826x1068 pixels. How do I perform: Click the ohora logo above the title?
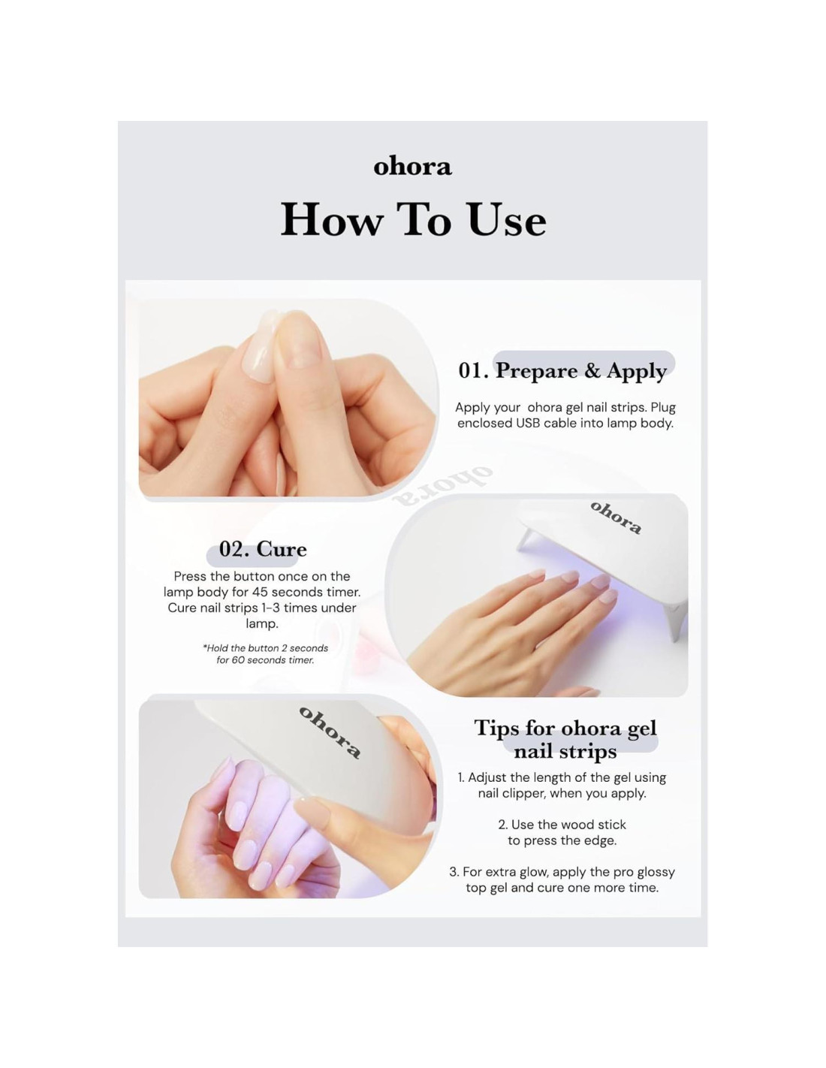pyautogui.click(x=412, y=167)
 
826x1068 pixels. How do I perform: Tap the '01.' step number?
pyautogui.click(x=473, y=371)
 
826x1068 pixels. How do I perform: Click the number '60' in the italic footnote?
pyautogui.click(x=238, y=660)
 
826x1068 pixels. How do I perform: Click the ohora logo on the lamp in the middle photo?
pyautogui.click(x=616, y=517)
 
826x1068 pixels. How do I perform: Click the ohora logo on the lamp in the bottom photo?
pyautogui.click(x=330, y=732)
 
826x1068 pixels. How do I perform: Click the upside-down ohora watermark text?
pyautogui.click(x=442, y=486)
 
